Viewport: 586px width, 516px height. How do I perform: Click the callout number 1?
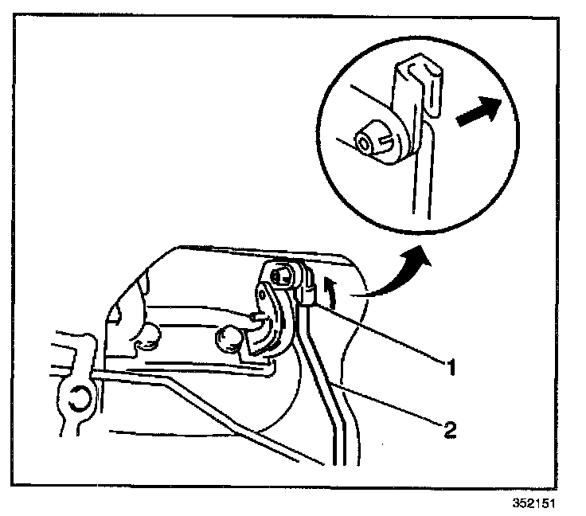coord(450,368)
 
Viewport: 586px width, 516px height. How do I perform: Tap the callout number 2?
coord(450,431)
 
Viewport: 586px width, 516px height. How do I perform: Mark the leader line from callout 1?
coord(382,335)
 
